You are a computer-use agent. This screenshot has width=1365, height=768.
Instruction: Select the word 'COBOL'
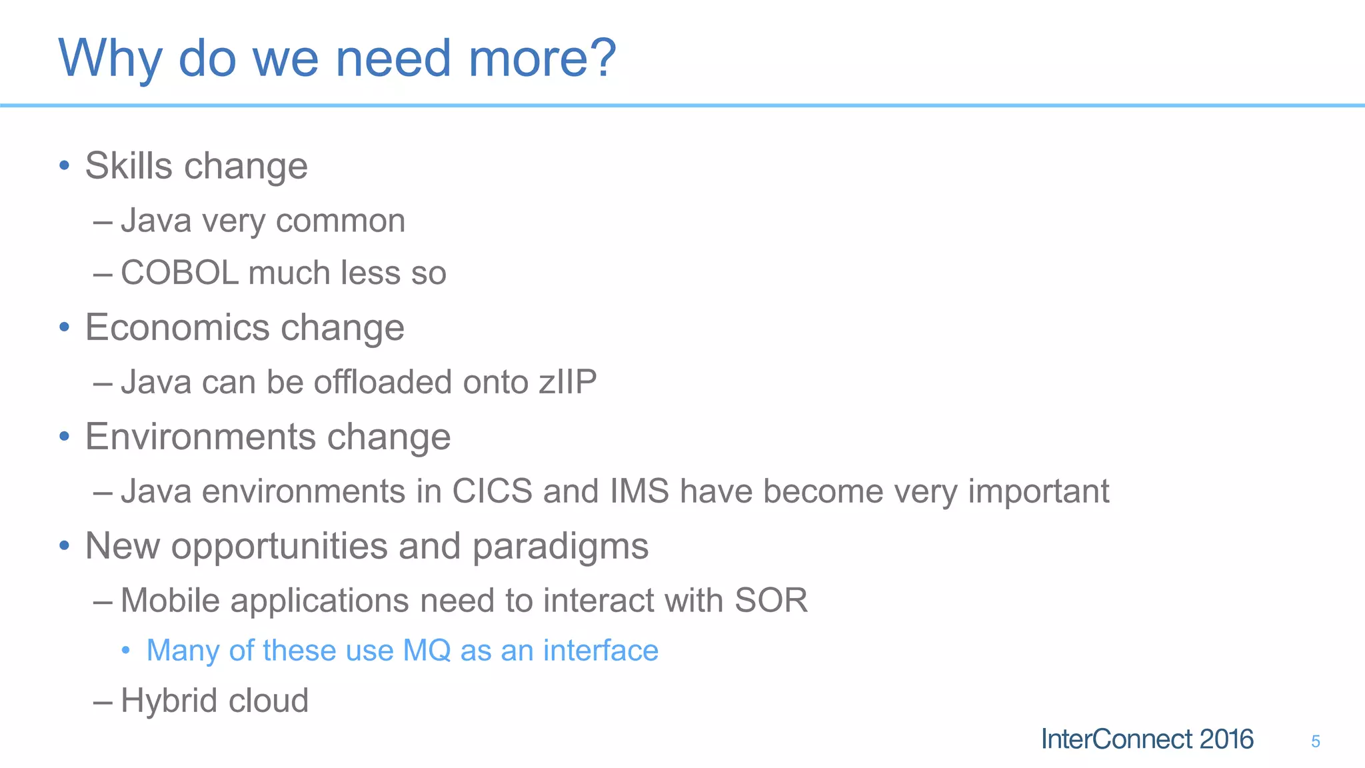[179, 273]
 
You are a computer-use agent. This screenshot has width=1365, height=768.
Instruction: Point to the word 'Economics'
[177, 327]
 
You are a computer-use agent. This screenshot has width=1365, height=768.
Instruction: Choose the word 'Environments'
[200, 437]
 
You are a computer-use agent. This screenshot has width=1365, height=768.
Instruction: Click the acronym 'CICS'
[492, 491]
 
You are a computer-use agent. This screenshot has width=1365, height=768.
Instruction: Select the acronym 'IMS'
[639, 491]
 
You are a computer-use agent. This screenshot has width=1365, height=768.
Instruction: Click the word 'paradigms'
[560, 547]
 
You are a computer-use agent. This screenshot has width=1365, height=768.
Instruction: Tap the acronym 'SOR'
[770, 600]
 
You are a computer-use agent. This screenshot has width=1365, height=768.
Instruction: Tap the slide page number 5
[1315, 741]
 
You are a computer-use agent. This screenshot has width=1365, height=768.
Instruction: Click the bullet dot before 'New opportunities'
[64, 546]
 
